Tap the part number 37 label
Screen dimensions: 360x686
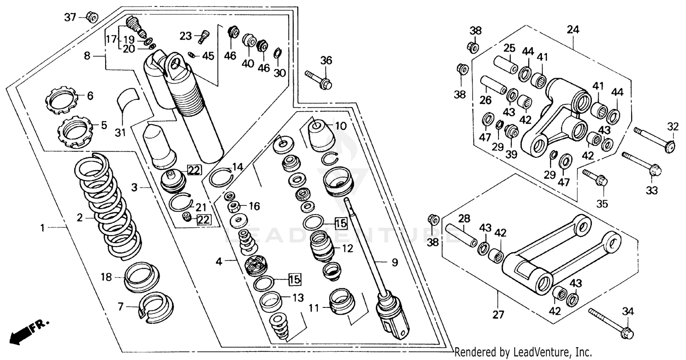(70, 17)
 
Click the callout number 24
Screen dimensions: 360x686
(573, 30)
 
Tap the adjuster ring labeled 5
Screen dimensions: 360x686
(76, 131)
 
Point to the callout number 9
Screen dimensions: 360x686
(394, 263)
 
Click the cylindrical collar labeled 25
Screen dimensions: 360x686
(505, 64)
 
